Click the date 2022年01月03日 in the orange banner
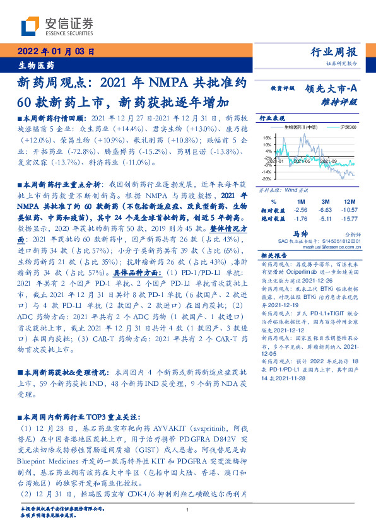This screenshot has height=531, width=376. (56, 52)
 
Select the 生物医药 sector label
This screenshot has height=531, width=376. (36, 65)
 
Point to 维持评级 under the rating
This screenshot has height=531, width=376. (343, 101)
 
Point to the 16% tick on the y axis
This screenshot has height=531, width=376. (267, 136)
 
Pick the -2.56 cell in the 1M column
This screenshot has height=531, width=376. (300, 209)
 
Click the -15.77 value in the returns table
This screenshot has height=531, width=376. (348, 219)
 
